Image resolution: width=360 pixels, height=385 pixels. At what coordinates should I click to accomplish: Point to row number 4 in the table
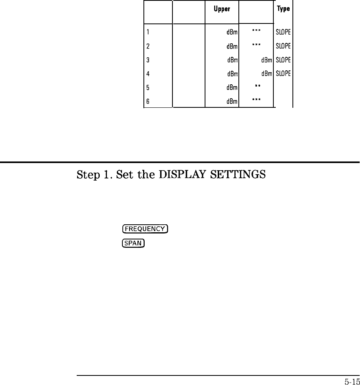click(x=148, y=74)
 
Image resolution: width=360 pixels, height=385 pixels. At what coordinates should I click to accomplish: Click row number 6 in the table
click(x=148, y=101)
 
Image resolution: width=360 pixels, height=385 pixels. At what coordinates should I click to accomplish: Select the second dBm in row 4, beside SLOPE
click(x=267, y=74)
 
